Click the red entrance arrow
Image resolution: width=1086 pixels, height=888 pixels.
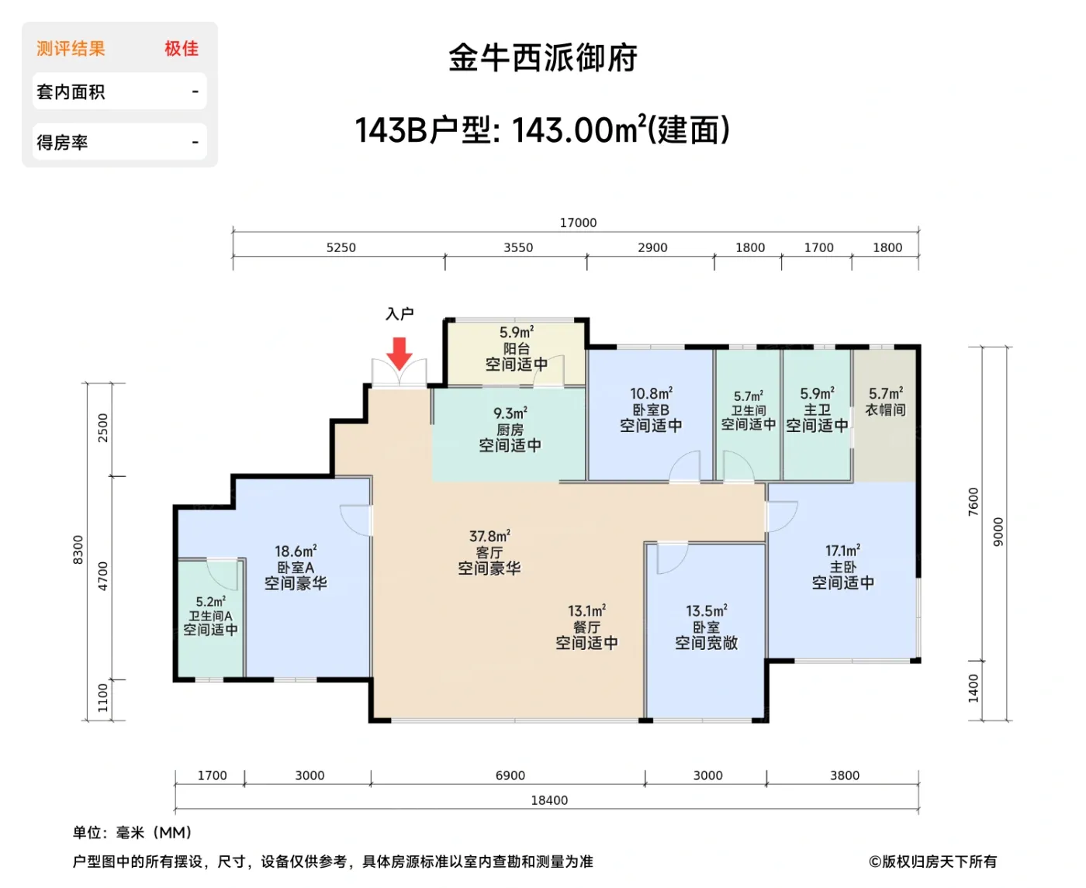[x=399, y=353]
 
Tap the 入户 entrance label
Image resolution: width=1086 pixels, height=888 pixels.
[x=399, y=314]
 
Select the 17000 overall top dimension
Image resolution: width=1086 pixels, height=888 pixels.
[x=578, y=223]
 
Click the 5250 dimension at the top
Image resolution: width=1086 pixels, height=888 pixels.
[x=341, y=247]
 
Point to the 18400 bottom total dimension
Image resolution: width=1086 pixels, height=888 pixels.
[x=549, y=800]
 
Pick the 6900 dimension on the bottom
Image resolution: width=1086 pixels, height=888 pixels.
[x=510, y=776]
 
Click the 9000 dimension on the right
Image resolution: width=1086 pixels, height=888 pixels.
[x=998, y=532]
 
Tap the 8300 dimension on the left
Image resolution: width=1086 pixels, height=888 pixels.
[x=78, y=550]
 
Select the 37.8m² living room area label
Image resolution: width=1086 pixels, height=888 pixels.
[x=489, y=537]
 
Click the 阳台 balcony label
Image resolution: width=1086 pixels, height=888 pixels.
[x=517, y=349]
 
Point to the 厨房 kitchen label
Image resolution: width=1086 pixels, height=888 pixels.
[x=510, y=430]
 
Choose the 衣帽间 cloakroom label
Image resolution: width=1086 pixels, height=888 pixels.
[x=885, y=409]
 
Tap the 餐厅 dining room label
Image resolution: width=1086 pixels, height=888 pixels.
[x=586, y=627]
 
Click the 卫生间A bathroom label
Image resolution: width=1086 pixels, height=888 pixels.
[x=210, y=616]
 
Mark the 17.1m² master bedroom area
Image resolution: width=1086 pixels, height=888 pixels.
[x=842, y=551]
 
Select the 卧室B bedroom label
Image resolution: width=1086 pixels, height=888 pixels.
[x=651, y=409]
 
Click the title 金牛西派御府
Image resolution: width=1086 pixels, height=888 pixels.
[x=543, y=58]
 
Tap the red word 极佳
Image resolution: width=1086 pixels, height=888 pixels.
[x=182, y=49]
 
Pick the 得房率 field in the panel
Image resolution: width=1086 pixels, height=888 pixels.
[x=62, y=143]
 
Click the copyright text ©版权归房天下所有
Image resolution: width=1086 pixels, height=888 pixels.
[x=932, y=862]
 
